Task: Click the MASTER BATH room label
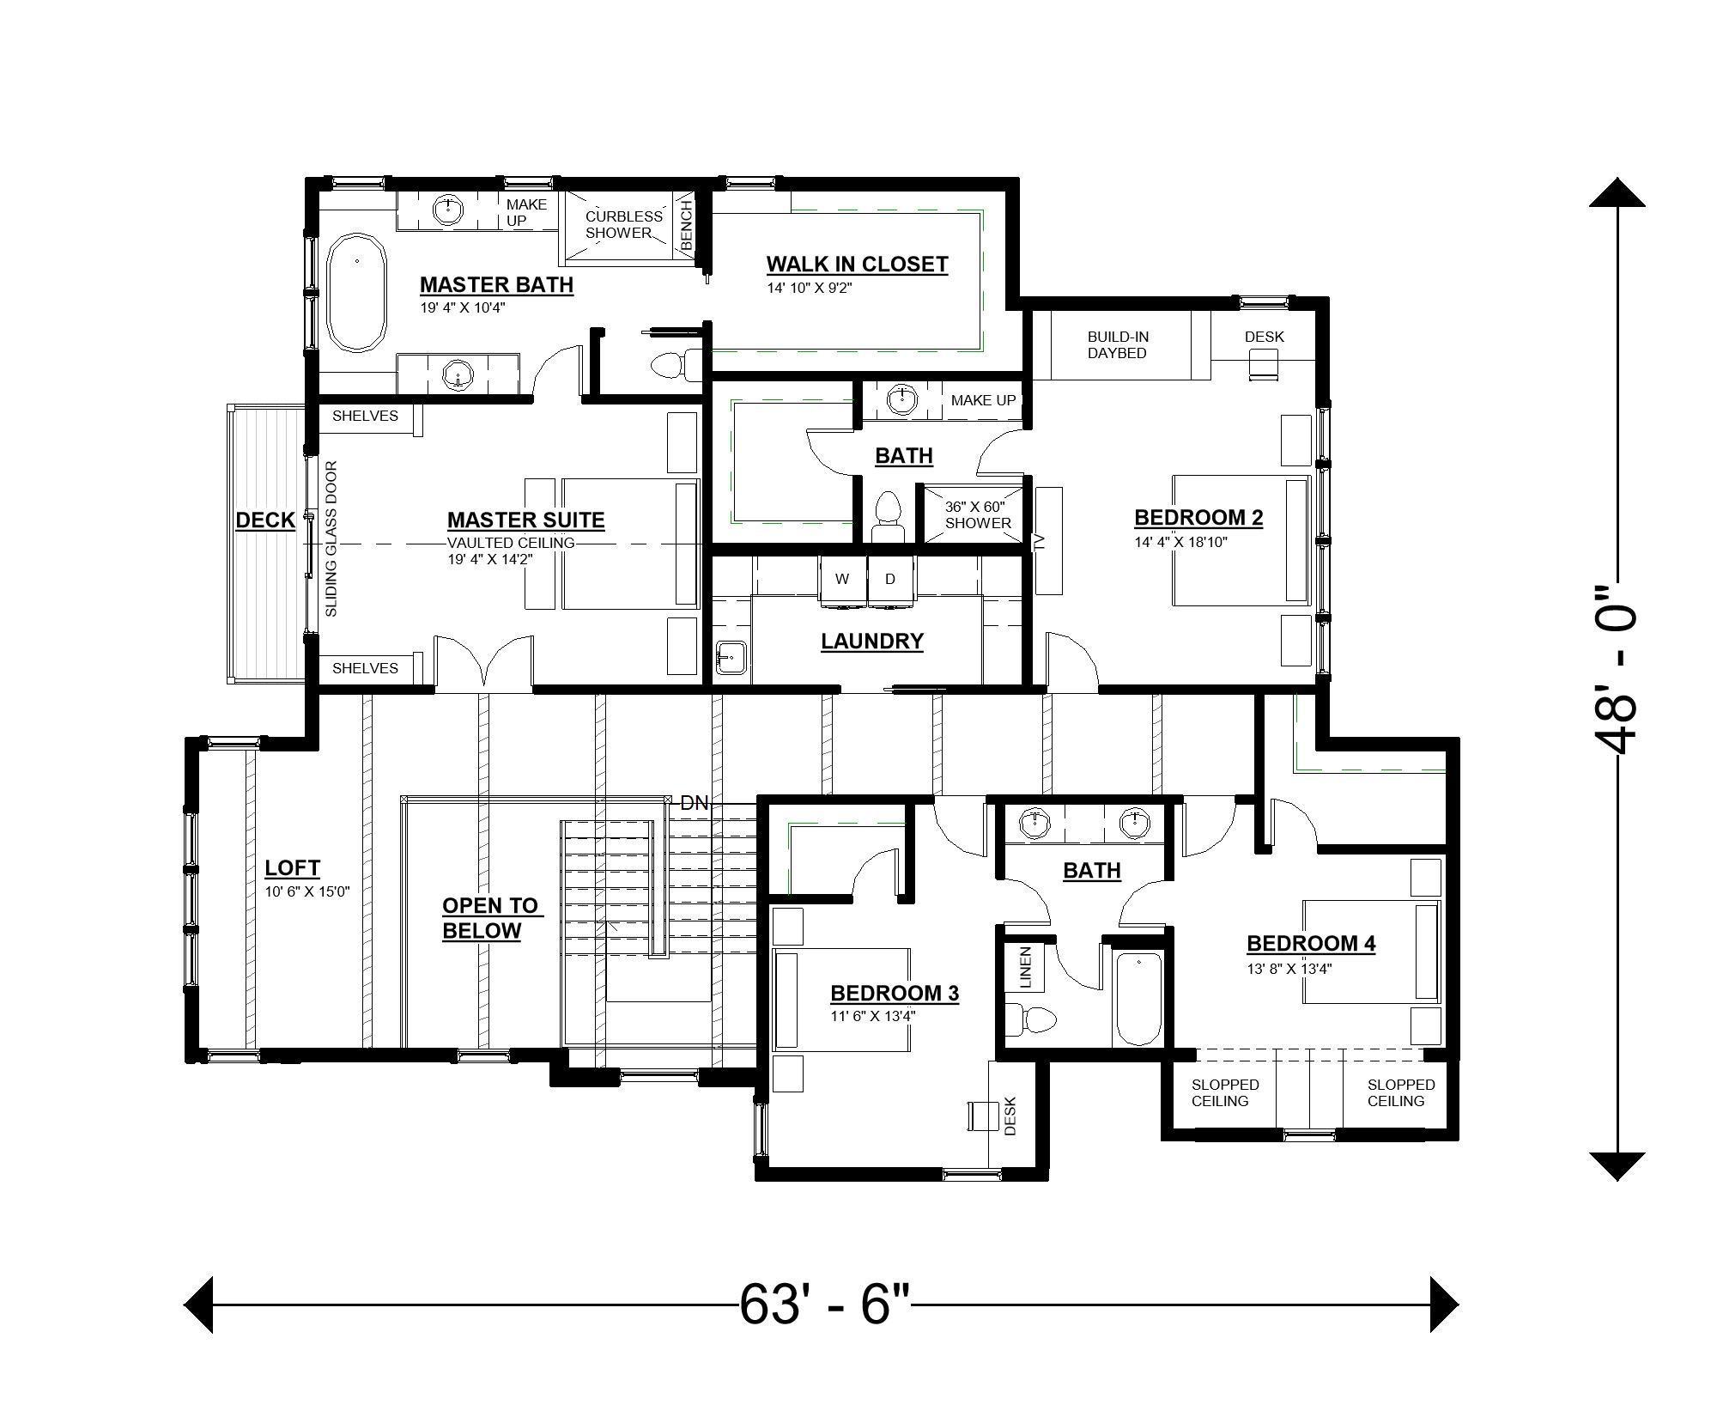[496, 284]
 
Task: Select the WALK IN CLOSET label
[857, 264]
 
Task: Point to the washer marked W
[842, 581]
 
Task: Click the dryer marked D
[890, 581]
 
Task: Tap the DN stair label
[694, 804]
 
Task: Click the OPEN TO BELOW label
[489, 918]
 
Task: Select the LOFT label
[292, 868]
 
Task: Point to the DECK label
[265, 520]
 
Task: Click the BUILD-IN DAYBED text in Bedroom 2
[1118, 345]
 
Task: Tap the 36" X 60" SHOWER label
[978, 515]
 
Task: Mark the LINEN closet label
[1025, 967]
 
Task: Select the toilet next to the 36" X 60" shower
[887, 517]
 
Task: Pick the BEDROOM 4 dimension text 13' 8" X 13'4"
[1289, 969]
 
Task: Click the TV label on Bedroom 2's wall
[1039, 541]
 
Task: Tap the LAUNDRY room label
[871, 642]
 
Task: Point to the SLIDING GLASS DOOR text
[331, 539]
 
